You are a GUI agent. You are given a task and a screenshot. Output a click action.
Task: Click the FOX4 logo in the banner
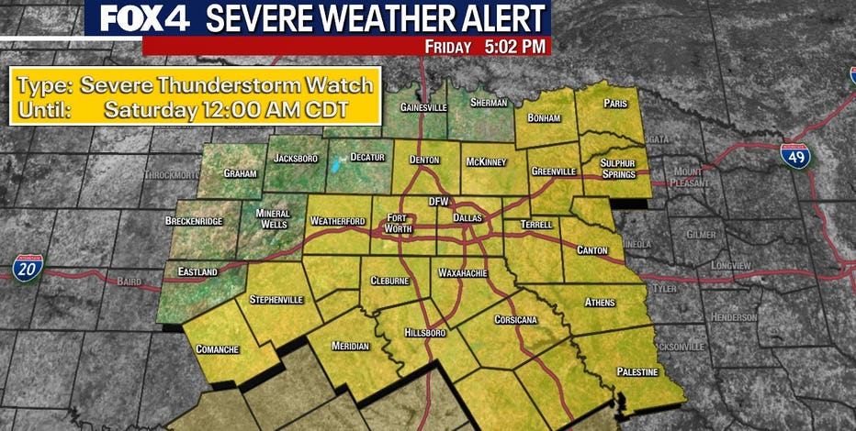142,18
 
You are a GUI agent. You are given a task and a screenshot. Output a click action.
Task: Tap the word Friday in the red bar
447,46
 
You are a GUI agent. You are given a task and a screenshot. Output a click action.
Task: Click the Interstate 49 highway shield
795,157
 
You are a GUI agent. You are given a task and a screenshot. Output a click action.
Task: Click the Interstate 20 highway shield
28,267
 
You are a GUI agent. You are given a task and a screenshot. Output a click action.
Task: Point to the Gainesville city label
423,107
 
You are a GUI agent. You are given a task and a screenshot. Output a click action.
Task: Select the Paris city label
614,105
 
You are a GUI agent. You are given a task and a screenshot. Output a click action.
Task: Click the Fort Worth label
399,223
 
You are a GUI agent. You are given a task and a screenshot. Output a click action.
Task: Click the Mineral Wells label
273,218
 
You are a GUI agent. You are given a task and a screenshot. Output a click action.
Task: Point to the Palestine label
637,371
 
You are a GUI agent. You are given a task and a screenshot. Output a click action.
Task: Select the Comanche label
218,348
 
